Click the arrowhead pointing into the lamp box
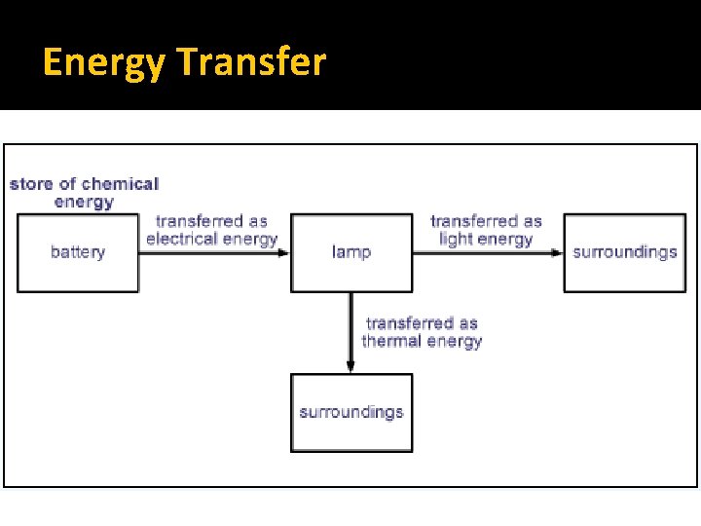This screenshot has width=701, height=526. pyautogui.click(x=284, y=252)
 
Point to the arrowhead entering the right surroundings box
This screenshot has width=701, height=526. pyautogui.click(x=557, y=252)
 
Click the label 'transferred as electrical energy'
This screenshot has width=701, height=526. pyautogui.click(x=211, y=231)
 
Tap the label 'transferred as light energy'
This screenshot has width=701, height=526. pyautogui.click(x=486, y=231)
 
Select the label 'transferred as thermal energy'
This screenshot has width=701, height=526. pyautogui.click(x=422, y=332)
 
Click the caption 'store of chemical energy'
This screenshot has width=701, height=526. pyautogui.click(x=84, y=193)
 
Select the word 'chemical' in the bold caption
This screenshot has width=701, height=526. pyautogui.click(x=120, y=184)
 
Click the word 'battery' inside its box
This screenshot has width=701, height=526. pyautogui.click(x=78, y=252)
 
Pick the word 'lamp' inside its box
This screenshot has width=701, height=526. pyautogui.click(x=351, y=252)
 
